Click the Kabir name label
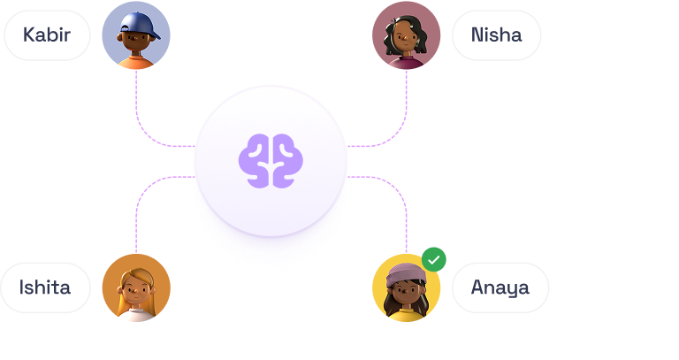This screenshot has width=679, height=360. pos(47,35)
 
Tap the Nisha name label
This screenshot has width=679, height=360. pos(496,35)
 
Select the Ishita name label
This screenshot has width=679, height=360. pos(46,287)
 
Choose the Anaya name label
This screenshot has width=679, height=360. pos(500,287)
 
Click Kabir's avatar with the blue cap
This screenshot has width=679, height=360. pos(136,35)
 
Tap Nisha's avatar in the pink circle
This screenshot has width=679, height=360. pos(406,35)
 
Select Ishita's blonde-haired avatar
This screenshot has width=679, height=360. pos(136,287)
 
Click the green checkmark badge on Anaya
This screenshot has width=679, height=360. pos(433,260)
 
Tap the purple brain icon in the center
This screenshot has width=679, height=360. pos(271,160)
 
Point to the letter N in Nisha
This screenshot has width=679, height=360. pos(477,35)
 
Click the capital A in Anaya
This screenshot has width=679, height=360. pos(478,287)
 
